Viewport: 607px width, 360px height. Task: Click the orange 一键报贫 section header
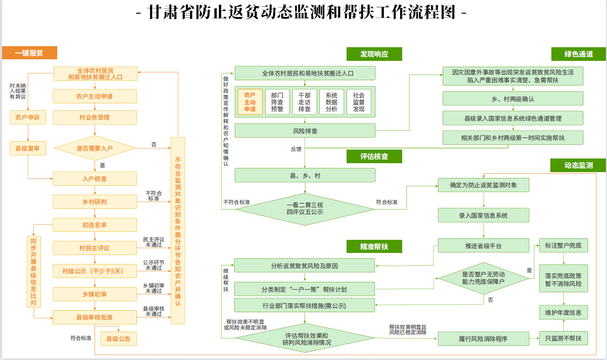[29, 53]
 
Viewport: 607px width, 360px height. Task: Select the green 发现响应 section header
[374, 54]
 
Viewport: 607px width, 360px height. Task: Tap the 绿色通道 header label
[579, 54]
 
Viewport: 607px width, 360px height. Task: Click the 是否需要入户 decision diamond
[95, 149]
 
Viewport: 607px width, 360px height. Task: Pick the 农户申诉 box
[28, 118]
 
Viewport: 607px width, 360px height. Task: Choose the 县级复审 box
[28, 149]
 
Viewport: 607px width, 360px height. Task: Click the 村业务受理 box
[95, 118]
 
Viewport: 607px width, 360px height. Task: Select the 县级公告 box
[118, 339]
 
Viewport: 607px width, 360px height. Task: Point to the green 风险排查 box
[305, 131]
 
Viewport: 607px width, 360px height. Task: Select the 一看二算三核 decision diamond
[305, 208]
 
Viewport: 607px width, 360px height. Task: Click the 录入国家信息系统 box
[483, 215]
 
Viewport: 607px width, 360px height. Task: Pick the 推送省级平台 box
[483, 246]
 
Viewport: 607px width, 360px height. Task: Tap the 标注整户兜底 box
[563, 246]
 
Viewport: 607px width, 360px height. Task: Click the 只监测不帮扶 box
[563, 338]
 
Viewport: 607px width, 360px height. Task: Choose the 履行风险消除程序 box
[483, 338]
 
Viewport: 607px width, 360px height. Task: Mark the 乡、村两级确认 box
[512, 99]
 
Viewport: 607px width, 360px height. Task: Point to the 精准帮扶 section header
[374, 246]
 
